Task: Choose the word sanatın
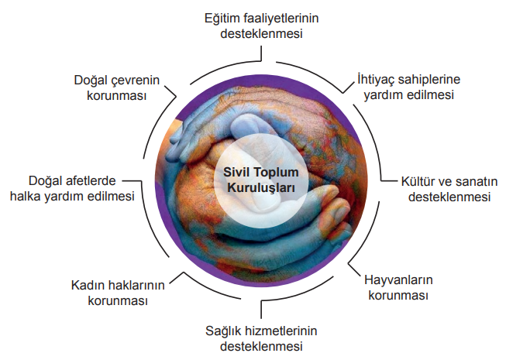click(475, 181)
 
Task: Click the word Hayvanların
click(398, 279)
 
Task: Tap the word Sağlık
click(223, 331)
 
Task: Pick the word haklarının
click(134, 285)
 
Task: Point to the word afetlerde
click(91, 181)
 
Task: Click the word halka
click(25, 197)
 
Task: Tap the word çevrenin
click(135, 81)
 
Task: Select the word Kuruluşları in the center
click(261, 187)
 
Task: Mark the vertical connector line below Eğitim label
click(261, 53)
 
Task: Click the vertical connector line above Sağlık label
click(261, 310)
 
